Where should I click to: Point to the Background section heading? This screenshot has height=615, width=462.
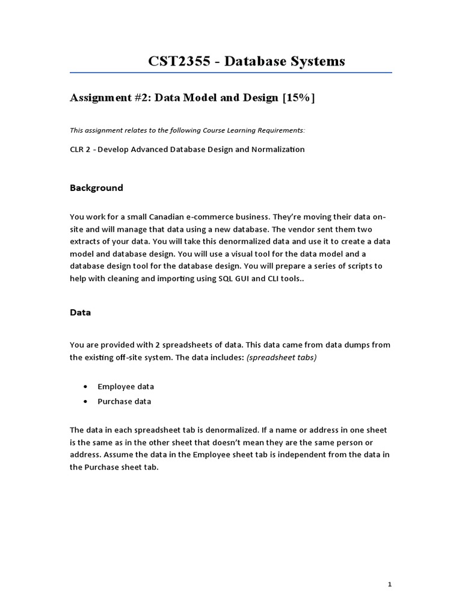click(x=96, y=188)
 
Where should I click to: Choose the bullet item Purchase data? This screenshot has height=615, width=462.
click(x=125, y=401)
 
